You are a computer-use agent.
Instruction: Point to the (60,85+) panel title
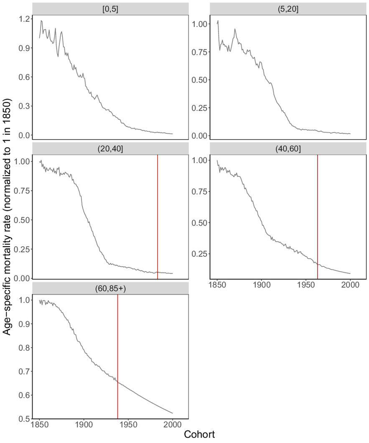[110, 288]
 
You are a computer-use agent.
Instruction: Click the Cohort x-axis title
[199, 435]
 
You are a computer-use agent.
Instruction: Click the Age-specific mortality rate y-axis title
[8, 217]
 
